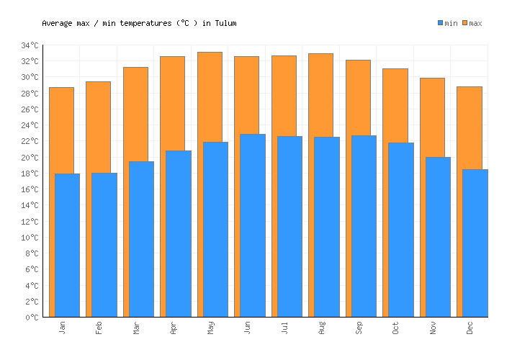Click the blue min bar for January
click(67, 245)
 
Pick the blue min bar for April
click(178, 233)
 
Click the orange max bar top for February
click(98, 83)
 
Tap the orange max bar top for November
click(432, 79)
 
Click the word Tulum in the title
click(225, 23)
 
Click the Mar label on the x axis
click(137, 328)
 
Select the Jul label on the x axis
click(285, 328)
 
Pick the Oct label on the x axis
click(396, 328)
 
